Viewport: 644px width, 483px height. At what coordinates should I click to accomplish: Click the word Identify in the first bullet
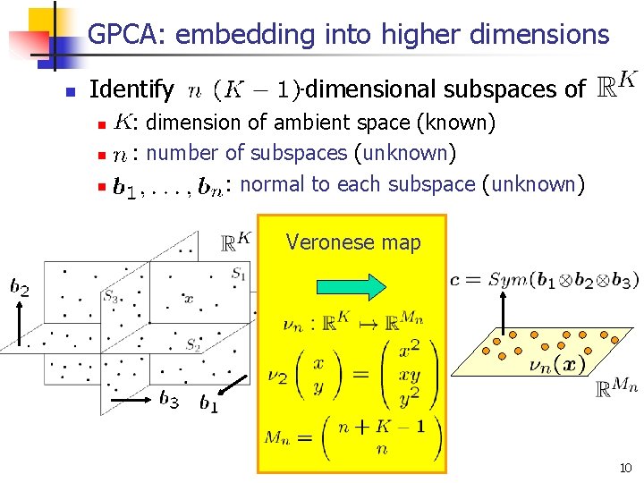click(x=131, y=89)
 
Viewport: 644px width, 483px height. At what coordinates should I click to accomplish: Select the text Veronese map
click(x=352, y=242)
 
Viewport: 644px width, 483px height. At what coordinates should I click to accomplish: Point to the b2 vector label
click(x=19, y=287)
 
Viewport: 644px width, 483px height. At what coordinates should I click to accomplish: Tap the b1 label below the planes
click(x=208, y=404)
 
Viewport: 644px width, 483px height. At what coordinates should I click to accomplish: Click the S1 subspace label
click(x=239, y=275)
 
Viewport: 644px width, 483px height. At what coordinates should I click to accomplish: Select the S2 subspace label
click(x=192, y=343)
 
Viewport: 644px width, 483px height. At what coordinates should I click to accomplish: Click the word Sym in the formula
click(x=507, y=280)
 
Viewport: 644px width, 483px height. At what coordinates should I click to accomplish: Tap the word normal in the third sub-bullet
click(x=270, y=184)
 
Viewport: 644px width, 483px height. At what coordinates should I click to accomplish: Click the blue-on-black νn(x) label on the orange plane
click(x=556, y=366)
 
